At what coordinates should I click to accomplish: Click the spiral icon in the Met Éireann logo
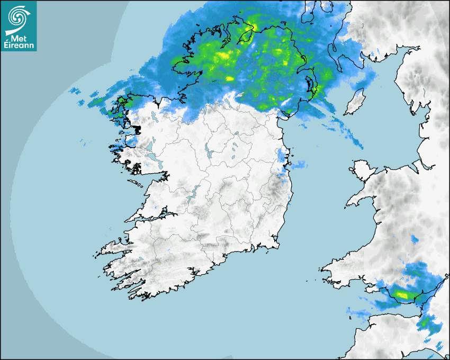17,17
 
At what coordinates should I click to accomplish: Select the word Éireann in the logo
19,46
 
